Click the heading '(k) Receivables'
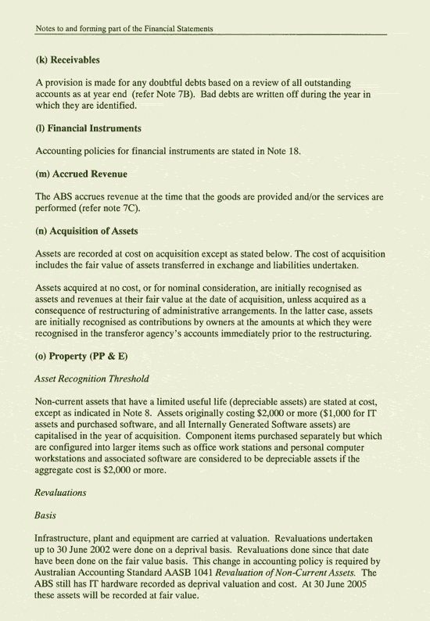point(68,60)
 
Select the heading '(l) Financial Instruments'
point(88,127)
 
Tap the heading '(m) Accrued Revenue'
point(81,173)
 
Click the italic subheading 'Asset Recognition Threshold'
point(92,379)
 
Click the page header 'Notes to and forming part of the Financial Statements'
point(124,29)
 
